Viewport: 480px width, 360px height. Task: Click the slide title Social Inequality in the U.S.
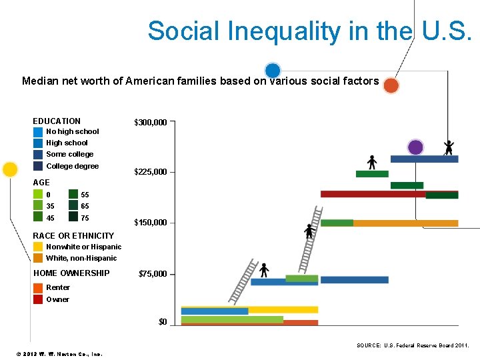(309, 31)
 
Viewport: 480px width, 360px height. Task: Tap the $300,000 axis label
(150, 123)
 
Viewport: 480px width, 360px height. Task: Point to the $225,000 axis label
(150, 172)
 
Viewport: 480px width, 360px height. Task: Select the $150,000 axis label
(150, 223)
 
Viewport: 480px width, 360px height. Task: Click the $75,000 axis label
(152, 274)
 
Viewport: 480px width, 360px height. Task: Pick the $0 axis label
(163, 323)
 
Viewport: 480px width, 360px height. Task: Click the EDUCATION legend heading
(57, 121)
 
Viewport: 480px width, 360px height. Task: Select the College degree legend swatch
(38, 166)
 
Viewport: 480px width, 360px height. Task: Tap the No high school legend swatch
(38, 132)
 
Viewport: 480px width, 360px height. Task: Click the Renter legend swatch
(38, 288)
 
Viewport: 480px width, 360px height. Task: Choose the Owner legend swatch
(38, 299)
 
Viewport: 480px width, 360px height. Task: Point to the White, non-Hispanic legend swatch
(38, 258)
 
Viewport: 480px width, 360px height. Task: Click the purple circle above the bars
(415, 147)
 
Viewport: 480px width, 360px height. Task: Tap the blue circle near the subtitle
(272, 70)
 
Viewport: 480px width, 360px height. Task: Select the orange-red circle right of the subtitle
(391, 85)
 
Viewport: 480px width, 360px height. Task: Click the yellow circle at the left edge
(10, 169)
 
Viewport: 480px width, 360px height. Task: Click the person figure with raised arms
(449, 147)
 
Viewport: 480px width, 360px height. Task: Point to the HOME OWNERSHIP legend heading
(71, 273)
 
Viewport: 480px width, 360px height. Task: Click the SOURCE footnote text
(413, 345)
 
